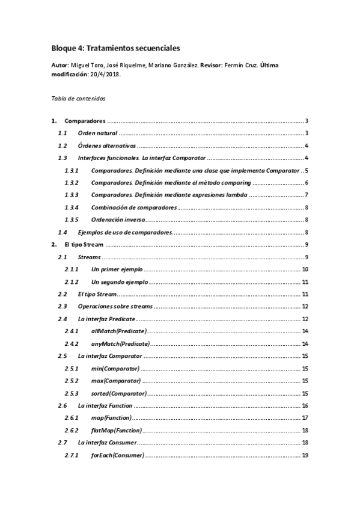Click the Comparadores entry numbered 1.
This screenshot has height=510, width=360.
[85, 121]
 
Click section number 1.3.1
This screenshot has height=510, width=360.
[72, 171]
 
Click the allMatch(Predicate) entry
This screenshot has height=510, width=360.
[118, 331]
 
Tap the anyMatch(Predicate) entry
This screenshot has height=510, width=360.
[120, 344]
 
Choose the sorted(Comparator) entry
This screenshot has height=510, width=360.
[118, 393]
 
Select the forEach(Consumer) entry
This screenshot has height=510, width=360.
[117, 455]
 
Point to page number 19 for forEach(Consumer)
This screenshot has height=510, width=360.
[305, 455]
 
